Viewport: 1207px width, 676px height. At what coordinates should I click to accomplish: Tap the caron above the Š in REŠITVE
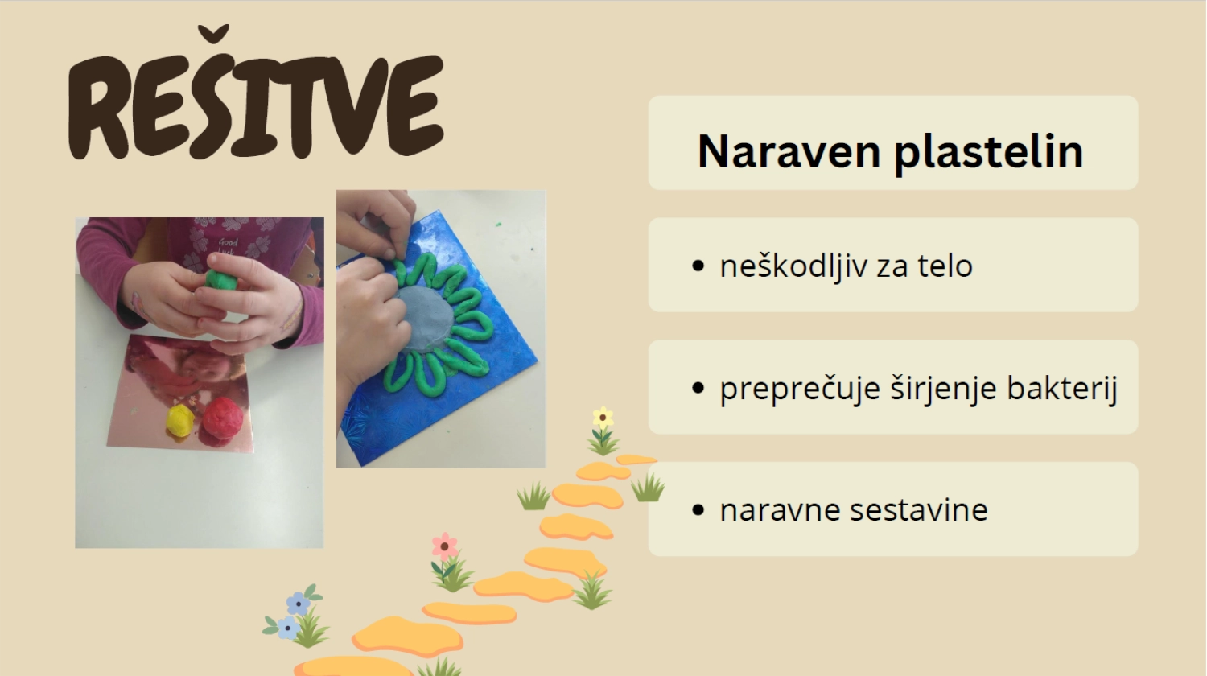pyautogui.click(x=213, y=34)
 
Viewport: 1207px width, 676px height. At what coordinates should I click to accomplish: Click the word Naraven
pyautogui.click(x=789, y=151)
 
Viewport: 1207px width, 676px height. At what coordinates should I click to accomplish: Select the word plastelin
pyautogui.click(x=989, y=153)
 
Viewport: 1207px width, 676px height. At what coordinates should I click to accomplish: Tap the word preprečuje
pyautogui.click(x=800, y=389)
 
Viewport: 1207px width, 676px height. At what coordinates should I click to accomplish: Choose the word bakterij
pyautogui.click(x=1062, y=388)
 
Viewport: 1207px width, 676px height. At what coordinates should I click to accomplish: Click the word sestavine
pyautogui.click(x=919, y=510)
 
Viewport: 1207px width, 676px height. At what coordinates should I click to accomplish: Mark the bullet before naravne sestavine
pyautogui.click(x=698, y=510)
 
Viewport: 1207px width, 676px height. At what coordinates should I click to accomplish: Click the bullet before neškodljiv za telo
pyautogui.click(x=698, y=266)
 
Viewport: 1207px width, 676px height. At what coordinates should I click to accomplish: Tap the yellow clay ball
pyautogui.click(x=180, y=419)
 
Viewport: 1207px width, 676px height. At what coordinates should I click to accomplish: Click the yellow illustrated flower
pyautogui.click(x=603, y=418)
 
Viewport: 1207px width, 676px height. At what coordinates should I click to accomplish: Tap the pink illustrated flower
pyautogui.click(x=444, y=546)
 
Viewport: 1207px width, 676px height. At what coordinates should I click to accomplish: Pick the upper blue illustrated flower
pyautogui.click(x=298, y=604)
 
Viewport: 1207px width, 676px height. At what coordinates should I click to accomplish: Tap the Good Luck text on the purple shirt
pyautogui.click(x=228, y=246)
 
